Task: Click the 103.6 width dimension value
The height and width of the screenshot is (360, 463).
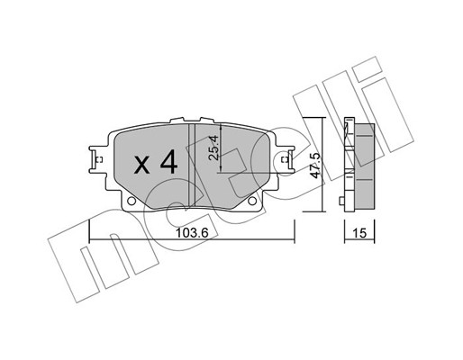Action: (192, 232)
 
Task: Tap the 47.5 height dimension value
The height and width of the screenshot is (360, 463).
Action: (315, 166)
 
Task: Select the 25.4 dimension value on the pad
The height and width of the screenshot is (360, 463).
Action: (213, 148)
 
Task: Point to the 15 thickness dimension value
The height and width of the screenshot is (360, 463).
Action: (359, 233)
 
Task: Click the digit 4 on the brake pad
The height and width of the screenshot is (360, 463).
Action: (169, 162)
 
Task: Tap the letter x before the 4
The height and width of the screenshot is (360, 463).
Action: (142, 166)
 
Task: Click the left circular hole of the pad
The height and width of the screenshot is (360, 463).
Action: (132, 201)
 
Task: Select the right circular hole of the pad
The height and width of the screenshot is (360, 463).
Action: (252, 201)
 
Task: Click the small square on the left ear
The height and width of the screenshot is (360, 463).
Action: (100, 159)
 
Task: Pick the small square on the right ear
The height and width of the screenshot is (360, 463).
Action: (284, 159)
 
